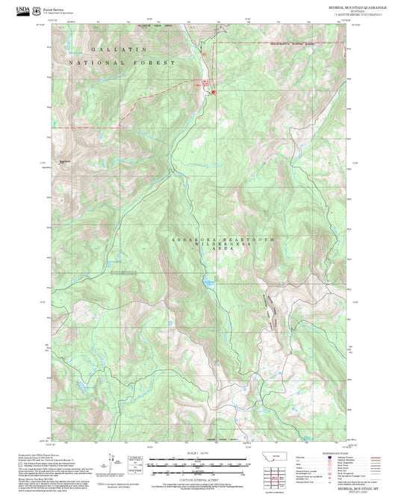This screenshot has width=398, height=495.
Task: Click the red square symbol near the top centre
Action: point(213,93)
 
